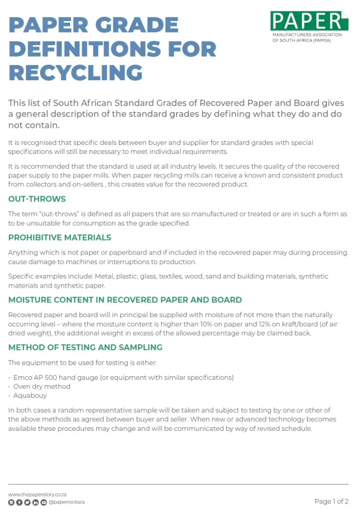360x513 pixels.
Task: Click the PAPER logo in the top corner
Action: [x=309, y=22]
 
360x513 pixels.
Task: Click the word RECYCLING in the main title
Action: [x=76, y=73]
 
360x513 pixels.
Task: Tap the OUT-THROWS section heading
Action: [x=37, y=199]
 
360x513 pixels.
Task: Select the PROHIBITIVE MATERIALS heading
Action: [x=60, y=237]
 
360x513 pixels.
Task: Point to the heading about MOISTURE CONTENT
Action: [x=125, y=300]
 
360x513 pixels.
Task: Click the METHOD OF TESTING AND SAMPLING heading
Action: [x=85, y=347]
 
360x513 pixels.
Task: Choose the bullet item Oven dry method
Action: [x=42, y=386]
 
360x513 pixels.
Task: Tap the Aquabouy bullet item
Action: [x=30, y=395]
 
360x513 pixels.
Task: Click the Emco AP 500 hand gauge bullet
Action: [x=123, y=377]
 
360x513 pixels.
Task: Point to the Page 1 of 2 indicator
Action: [x=331, y=501]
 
